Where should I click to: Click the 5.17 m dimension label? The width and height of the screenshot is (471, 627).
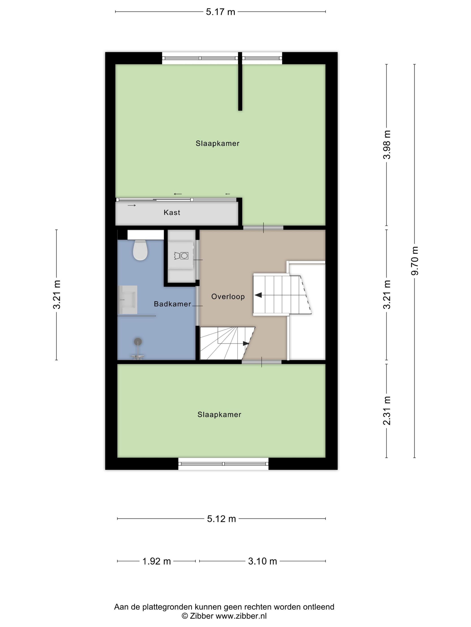coord(220,12)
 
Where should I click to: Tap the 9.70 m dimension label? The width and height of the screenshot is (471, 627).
coord(414,261)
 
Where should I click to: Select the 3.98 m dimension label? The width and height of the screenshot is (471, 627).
coord(387,145)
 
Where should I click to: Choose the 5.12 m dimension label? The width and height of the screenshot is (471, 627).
coord(221,519)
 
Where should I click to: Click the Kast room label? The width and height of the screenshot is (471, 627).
coord(172,212)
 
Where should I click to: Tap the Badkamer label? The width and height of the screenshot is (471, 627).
coord(172,304)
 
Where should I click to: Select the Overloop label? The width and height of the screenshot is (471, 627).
coord(228,296)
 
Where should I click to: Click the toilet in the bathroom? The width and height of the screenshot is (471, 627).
coord(140,250)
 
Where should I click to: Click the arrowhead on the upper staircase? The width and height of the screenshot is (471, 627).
coord(258,295)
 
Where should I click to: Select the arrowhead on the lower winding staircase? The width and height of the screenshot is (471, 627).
coord(246,344)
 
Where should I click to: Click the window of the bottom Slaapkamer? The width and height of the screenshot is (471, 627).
coord(223,464)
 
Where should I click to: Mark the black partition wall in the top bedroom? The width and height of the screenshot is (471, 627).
coord(240,81)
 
